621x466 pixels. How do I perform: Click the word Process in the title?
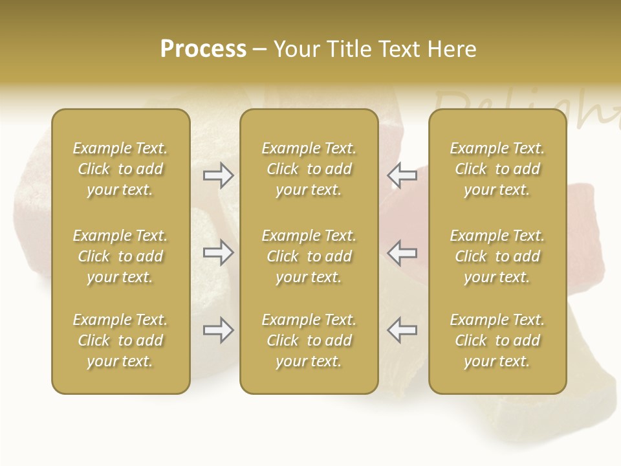tap(203, 49)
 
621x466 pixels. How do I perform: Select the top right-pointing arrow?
tap(219, 175)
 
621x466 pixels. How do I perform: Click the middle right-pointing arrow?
tap(219, 252)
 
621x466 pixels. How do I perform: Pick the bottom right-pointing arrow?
tap(219, 330)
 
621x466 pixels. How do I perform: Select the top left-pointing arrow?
tap(402, 175)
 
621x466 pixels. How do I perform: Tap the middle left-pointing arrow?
tap(402, 252)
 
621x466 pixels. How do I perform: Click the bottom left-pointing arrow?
tap(402, 330)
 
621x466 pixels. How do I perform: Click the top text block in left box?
tap(120, 169)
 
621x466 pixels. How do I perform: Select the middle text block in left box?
tap(120, 256)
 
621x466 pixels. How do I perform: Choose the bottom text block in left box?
tap(120, 340)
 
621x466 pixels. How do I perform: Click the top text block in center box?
tap(309, 169)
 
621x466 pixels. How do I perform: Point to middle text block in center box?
tap(309, 256)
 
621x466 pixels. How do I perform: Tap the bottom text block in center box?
tap(309, 340)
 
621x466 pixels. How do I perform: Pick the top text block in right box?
tap(497, 169)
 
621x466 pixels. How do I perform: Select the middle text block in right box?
tap(497, 256)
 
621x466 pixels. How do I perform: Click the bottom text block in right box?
tap(497, 340)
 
